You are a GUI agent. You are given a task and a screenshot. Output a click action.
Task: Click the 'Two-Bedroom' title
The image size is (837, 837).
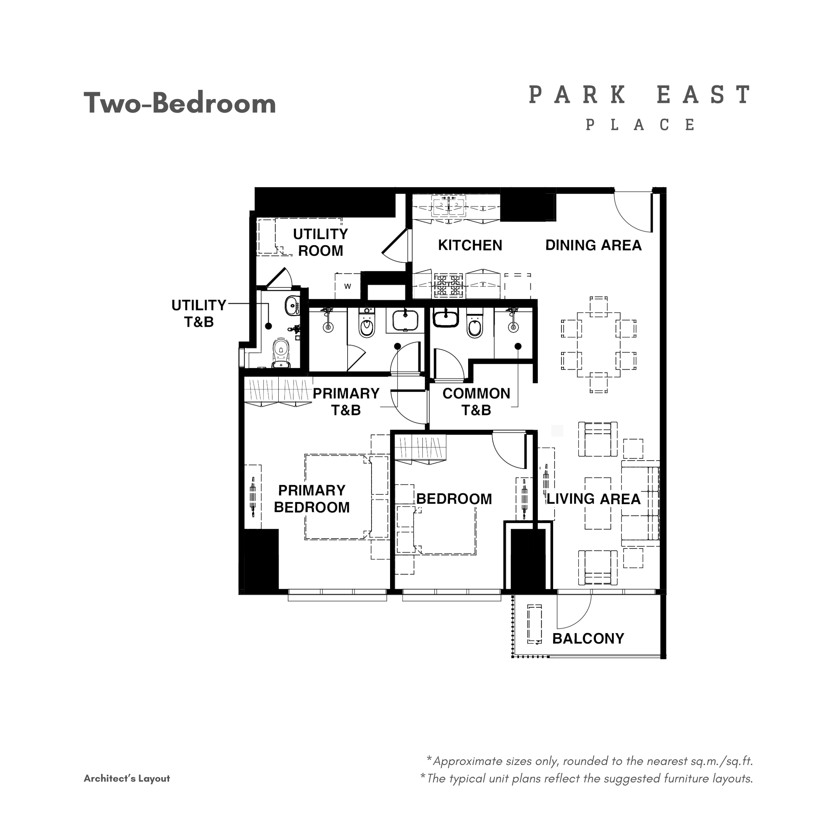point(180,103)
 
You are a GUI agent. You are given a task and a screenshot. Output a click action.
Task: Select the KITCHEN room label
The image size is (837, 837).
point(470,245)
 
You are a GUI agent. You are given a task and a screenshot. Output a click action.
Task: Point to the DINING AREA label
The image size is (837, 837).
point(593,245)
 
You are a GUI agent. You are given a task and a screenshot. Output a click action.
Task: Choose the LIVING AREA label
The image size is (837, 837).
point(593,498)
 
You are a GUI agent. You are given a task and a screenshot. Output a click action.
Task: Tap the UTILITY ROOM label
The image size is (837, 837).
point(321,242)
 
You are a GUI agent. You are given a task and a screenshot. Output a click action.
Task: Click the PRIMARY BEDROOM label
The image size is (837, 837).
point(312,498)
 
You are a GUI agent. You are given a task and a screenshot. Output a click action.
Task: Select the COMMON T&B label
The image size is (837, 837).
point(476,401)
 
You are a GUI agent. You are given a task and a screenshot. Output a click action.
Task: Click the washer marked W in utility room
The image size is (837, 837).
point(348,286)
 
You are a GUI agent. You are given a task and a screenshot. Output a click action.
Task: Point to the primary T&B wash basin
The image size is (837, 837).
point(405,321)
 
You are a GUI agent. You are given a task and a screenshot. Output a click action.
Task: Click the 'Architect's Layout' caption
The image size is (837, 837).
point(127,779)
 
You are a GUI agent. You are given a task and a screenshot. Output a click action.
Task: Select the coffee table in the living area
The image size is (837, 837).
point(598,503)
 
